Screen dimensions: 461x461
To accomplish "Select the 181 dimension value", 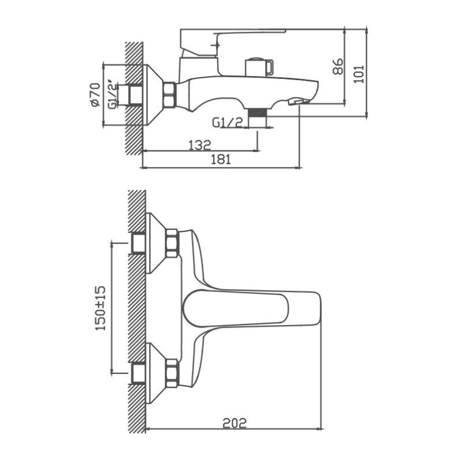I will click(x=220, y=161).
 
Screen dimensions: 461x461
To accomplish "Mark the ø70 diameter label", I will click(x=96, y=94).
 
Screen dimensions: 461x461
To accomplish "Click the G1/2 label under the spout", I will click(x=226, y=123).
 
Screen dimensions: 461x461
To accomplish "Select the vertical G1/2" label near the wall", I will click(x=114, y=95).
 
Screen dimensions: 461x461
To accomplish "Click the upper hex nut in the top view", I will click(x=172, y=243).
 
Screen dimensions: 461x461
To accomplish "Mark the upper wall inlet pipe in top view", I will click(x=138, y=243).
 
